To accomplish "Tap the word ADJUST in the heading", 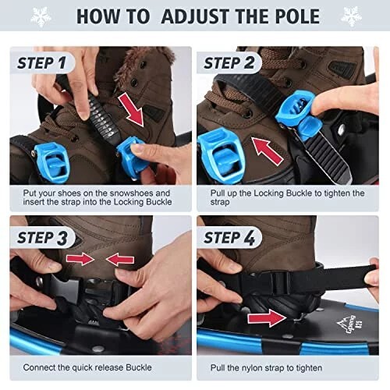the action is (197, 16).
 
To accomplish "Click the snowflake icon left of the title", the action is (41, 16).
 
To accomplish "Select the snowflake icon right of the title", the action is (351, 16).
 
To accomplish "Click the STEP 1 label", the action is (41, 63).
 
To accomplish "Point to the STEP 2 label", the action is (229, 63).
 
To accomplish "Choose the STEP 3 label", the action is (42, 238).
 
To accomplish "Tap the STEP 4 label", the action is (229, 238).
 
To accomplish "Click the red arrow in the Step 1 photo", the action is (131, 110).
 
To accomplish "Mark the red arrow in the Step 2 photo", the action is (267, 151).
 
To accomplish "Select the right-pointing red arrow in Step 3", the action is (80, 259).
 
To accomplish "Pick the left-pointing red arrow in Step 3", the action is (120, 259).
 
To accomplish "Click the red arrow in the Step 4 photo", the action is (267, 317).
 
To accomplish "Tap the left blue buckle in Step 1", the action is (51, 161).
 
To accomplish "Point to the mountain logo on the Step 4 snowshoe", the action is (349, 325).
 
